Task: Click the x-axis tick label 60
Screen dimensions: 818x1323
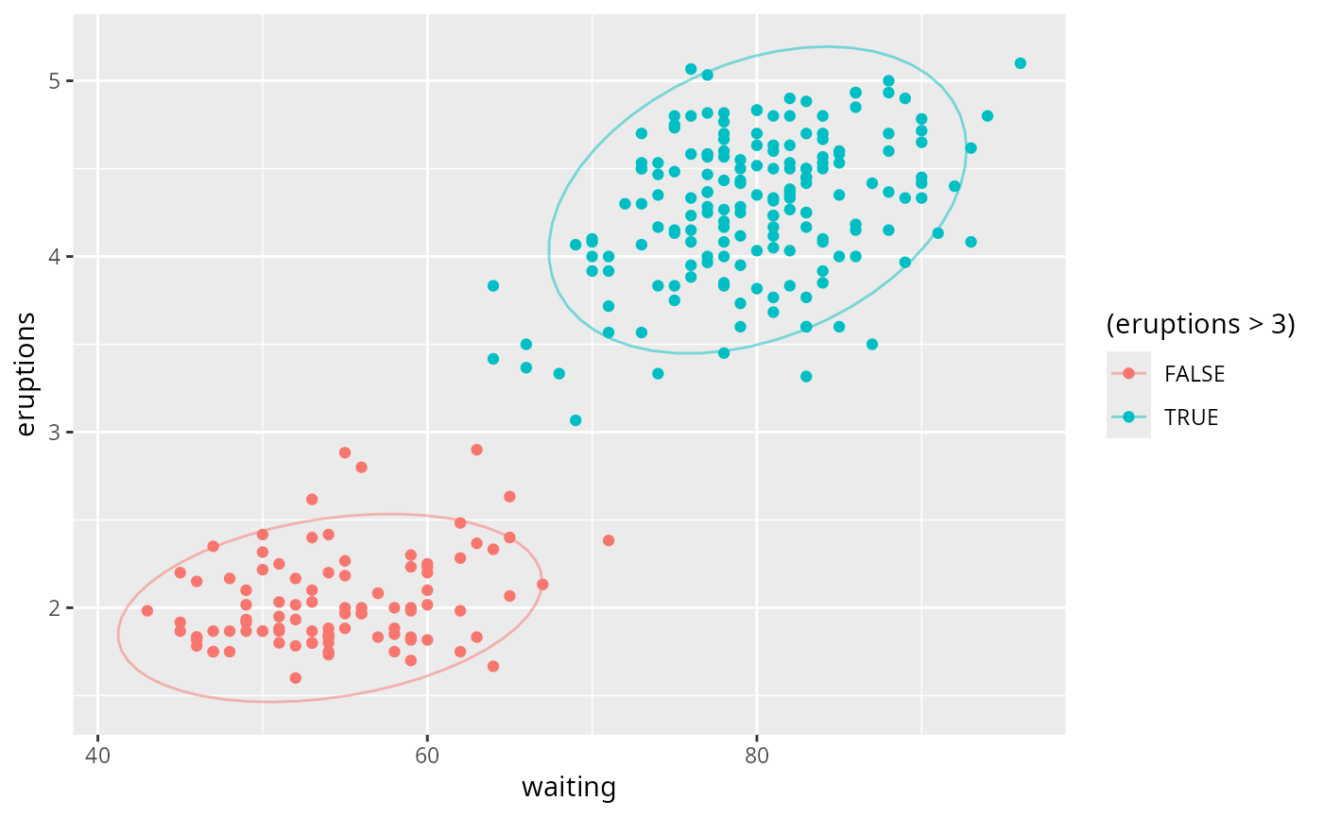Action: pyautogui.click(x=427, y=756)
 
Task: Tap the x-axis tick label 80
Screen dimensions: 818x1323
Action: pyautogui.click(x=756, y=756)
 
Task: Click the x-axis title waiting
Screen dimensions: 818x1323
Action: pyautogui.click(x=569, y=788)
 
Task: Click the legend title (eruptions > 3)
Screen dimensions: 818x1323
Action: pyautogui.click(x=1200, y=325)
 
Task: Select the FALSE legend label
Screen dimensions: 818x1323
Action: pyautogui.click(x=1194, y=374)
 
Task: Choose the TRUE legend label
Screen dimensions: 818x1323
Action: pyautogui.click(x=1192, y=418)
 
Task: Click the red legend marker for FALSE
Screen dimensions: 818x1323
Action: pyautogui.click(x=1128, y=374)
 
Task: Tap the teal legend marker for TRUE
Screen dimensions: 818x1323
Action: pyautogui.click(x=1128, y=418)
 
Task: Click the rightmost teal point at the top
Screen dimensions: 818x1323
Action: pyautogui.click(x=1020, y=63)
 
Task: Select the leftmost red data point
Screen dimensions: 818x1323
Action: pyautogui.click(x=146, y=610)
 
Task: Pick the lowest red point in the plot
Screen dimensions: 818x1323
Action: pyautogui.click(x=295, y=678)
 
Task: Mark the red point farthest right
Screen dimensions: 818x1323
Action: pyautogui.click(x=609, y=540)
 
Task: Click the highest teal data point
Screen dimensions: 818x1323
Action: pyautogui.click(x=1020, y=63)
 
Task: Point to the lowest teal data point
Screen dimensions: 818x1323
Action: pyautogui.click(x=576, y=420)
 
